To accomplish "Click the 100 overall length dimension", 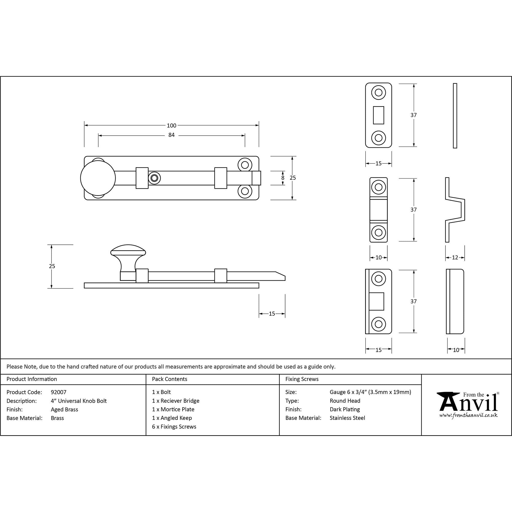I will point(172,125).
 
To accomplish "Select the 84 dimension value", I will point(172,135).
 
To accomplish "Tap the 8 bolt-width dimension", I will point(283,178).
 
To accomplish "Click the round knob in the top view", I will point(98,178).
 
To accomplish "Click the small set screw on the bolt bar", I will point(154,178).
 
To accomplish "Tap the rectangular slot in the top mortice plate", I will point(378,115).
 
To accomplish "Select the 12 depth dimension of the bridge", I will point(455,257).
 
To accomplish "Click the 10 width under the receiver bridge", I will point(378,257).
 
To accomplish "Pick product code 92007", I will point(59,392).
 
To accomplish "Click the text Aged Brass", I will point(65,409).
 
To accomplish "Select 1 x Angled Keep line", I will point(172,418).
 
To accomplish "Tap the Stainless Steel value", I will point(347,418).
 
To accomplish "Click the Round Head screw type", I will point(345,401).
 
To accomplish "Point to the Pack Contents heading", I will point(170,379).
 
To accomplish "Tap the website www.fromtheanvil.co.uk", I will point(468,415).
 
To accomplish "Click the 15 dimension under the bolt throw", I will point(272,314).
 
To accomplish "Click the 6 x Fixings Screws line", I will point(174,427).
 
